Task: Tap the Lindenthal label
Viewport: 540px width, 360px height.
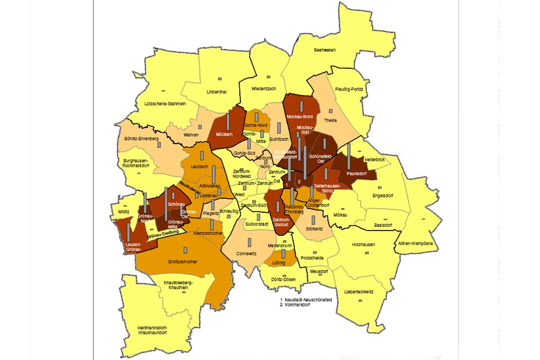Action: (x=217, y=92)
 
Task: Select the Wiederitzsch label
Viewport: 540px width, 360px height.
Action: (x=264, y=89)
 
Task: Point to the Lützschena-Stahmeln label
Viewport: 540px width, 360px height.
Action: (x=165, y=104)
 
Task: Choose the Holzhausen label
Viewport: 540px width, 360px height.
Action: (x=363, y=244)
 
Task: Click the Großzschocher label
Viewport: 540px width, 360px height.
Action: (x=182, y=262)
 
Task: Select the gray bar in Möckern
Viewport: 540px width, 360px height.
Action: (x=228, y=122)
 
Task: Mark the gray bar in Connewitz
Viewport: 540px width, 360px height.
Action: (x=249, y=242)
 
